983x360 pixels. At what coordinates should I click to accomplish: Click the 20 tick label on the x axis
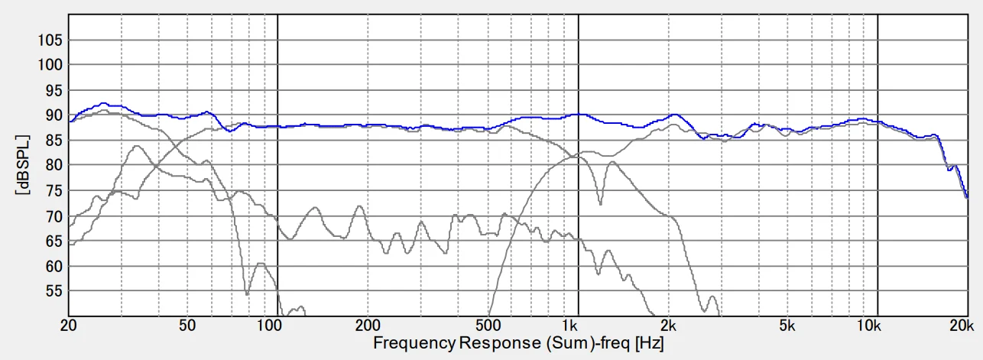pos(70,325)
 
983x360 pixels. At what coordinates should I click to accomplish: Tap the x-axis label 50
pos(188,325)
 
